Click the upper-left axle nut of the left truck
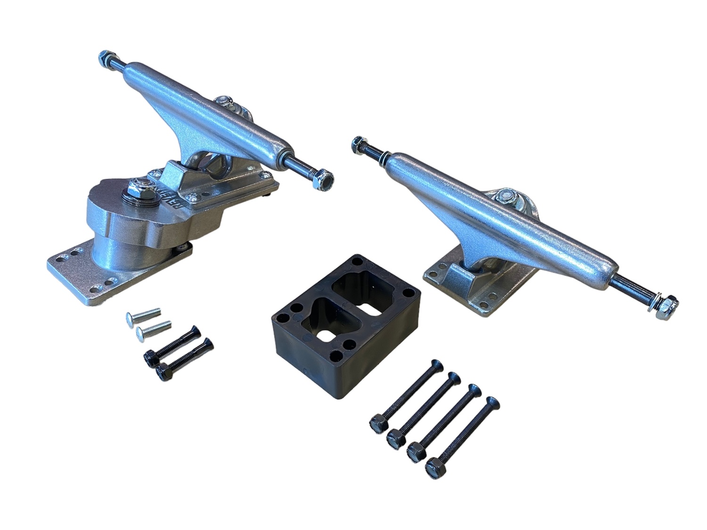105,58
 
